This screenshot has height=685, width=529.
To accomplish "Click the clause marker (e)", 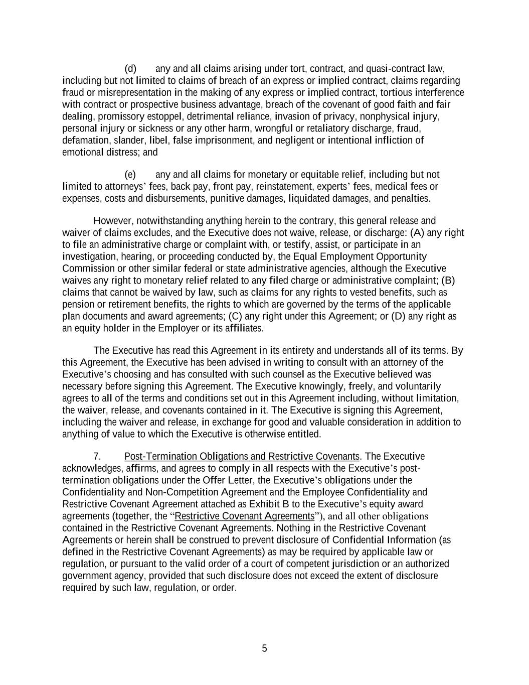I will (x=130, y=175).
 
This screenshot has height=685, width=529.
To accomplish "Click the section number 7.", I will (x=97, y=457).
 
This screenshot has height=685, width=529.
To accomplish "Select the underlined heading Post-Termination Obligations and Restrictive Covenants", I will (x=242, y=457).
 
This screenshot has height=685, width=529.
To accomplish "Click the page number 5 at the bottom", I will (x=264, y=648).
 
